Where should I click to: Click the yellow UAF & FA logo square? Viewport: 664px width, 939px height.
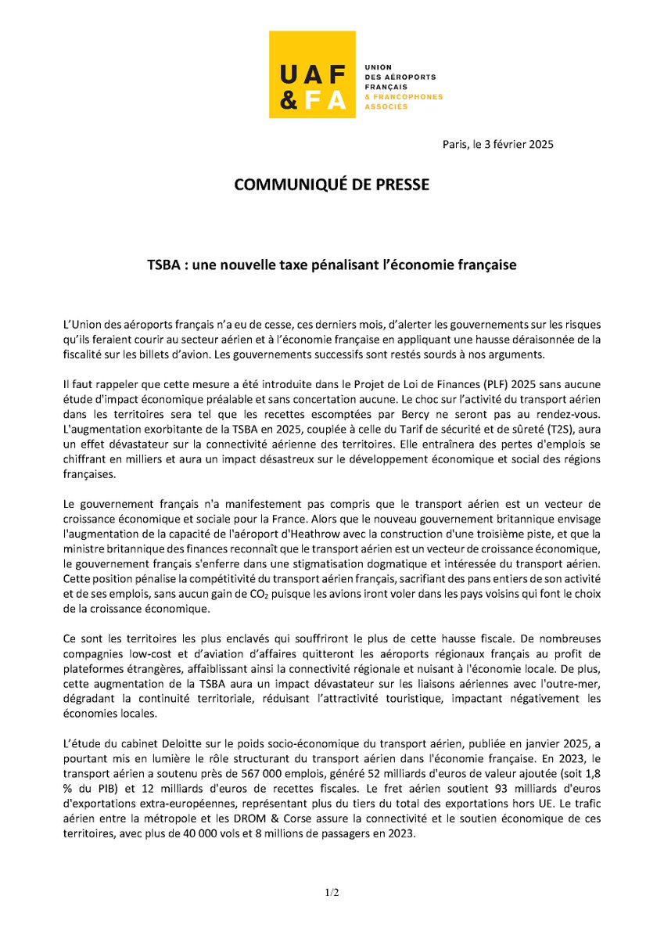(x=311, y=74)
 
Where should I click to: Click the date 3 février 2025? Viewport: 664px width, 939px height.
(x=515, y=145)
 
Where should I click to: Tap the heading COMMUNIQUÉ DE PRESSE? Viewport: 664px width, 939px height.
(x=332, y=185)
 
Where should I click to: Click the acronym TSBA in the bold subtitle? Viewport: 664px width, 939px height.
(x=163, y=265)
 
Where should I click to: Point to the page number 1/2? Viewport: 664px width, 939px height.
(x=332, y=892)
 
